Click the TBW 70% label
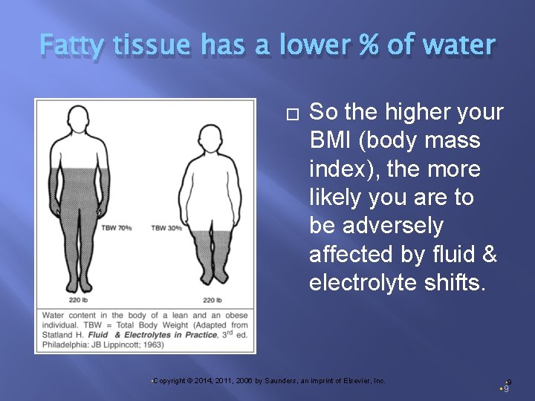[x=116, y=227]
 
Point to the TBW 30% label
[x=166, y=227]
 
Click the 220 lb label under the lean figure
[x=79, y=301]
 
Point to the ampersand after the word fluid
[x=489, y=253]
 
